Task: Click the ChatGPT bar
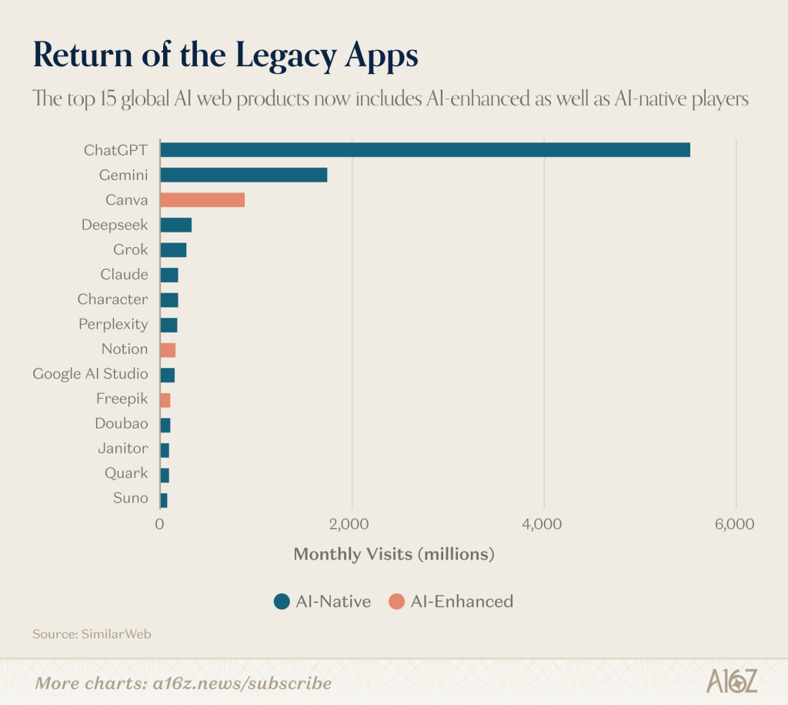pos(425,150)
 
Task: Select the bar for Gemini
pos(243,175)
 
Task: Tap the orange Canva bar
pos(202,200)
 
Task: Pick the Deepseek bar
pos(175,225)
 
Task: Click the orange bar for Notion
pos(168,349)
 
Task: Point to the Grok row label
pos(130,249)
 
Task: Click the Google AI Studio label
pos(90,374)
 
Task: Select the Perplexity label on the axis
pos(113,324)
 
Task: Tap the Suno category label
pos(130,498)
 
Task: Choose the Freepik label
pos(122,399)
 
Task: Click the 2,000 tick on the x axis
pos(352,525)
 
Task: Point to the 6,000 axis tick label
pos(735,525)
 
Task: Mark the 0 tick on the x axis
pos(160,525)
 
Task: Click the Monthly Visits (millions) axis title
pos(393,554)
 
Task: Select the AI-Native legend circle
pos(282,602)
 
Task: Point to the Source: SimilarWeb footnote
pos(81,634)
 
